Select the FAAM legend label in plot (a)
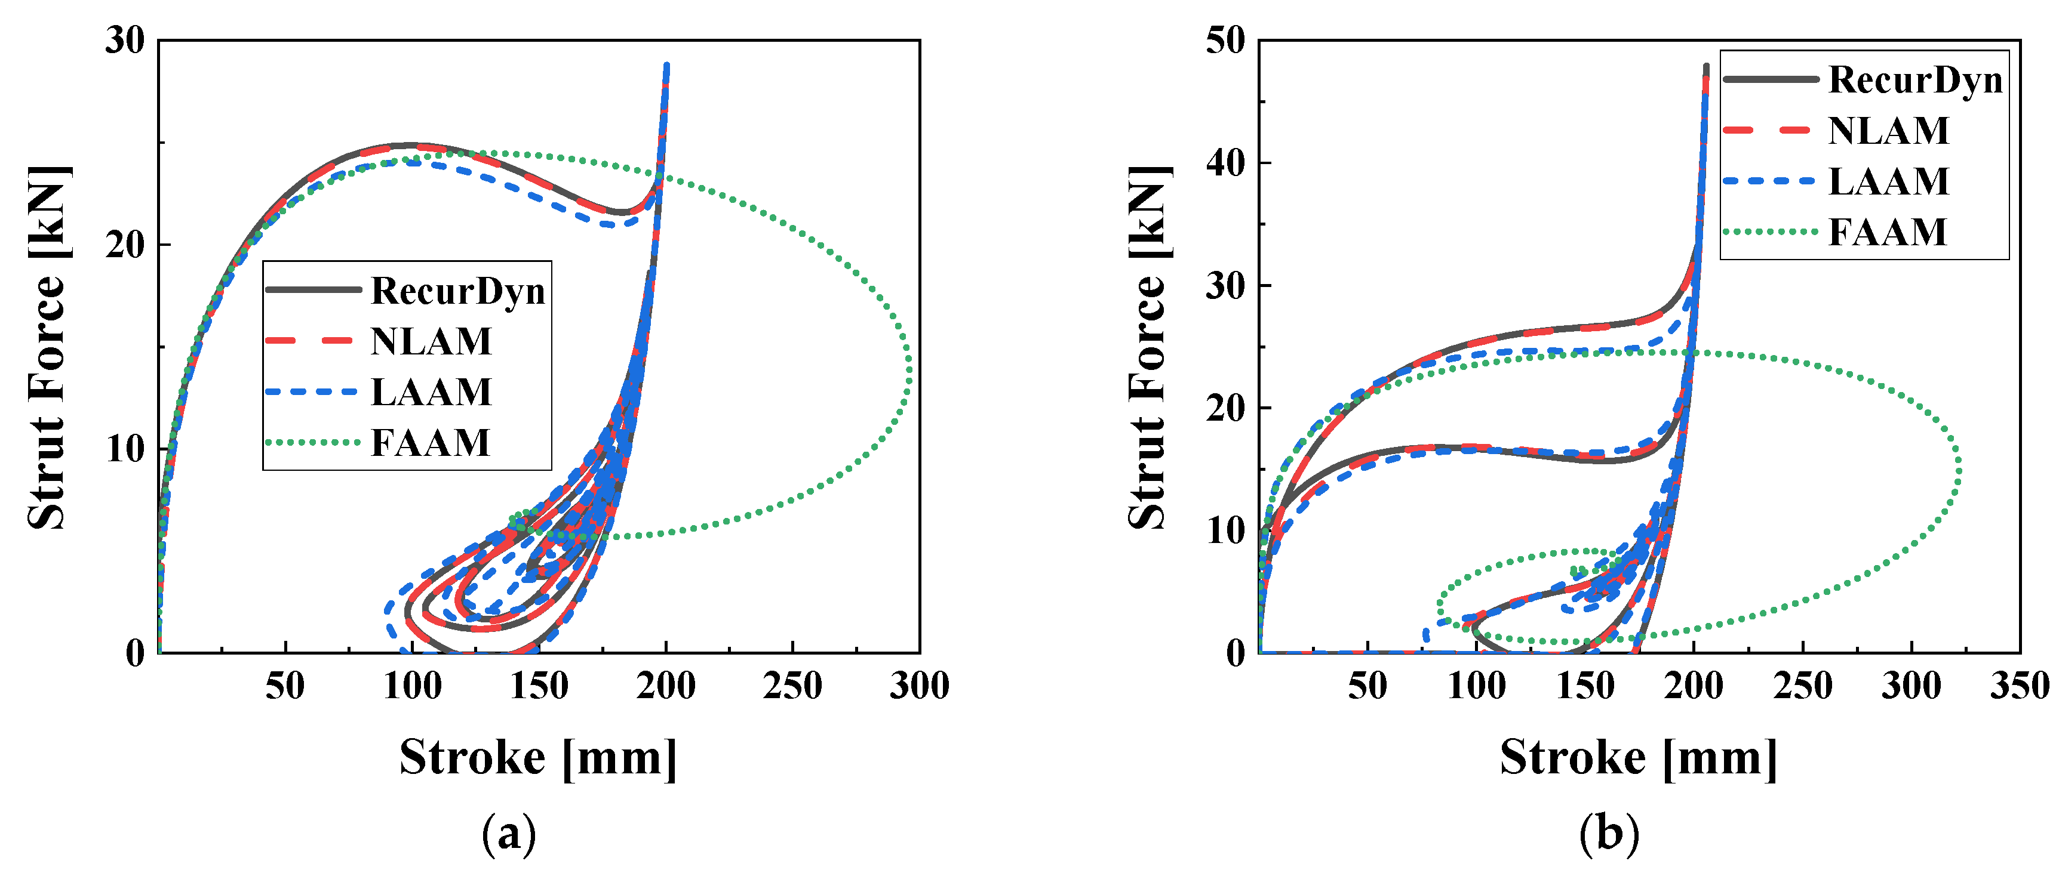pos(430,443)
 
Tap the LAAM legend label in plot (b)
pos(1888,181)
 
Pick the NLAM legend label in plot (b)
pos(1888,130)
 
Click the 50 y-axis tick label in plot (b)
pos(1225,40)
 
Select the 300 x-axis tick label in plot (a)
pos(919,686)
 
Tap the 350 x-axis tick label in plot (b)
pos(2019,686)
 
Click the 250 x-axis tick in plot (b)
pos(1802,686)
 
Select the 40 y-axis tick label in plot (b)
pos(1225,163)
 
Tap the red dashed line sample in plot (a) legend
pos(312,341)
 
